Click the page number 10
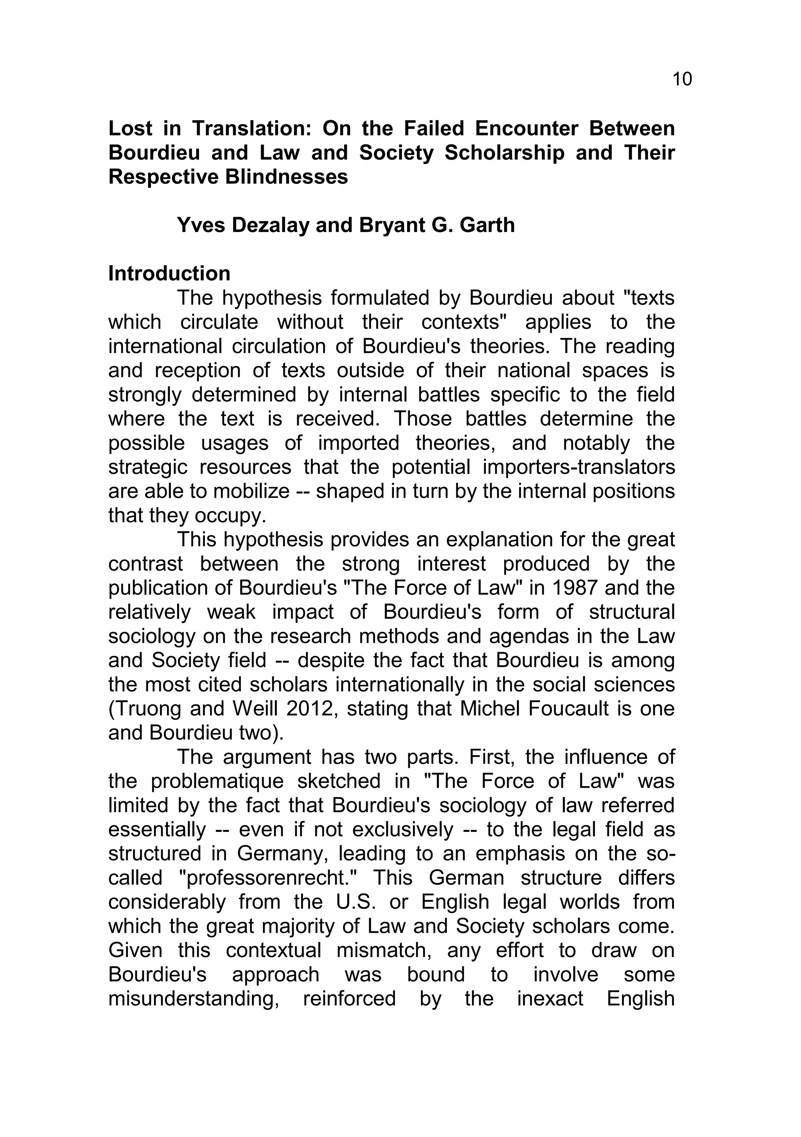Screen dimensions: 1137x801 (x=682, y=79)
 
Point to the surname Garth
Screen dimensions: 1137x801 (x=487, y=225)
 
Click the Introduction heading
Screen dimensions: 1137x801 (x=169, y=274)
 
